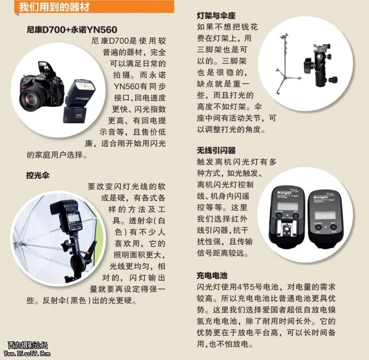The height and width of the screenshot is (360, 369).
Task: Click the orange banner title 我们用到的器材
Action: pyautogui.click(x=55, y=7)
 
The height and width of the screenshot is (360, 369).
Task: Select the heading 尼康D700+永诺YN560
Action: pyautogui.click(x=72, y=30)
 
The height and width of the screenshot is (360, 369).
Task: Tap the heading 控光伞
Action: pyautogui.click(x=38, y=175)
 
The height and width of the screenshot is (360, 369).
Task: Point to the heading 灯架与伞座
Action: pyautogui.click(x=216, y=16)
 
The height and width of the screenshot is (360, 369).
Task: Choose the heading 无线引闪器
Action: pyautogui.click(x=216, y=150)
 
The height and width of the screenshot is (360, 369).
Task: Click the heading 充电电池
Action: pyautogui.click(x=212, y=276)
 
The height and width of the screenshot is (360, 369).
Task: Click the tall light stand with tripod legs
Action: pyautogui.click(x=286, y=64)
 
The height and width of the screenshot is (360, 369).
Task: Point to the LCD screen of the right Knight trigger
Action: pyautogui.click(x=325, y=215)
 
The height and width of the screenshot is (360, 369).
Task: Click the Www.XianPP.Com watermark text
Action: pyautogui.click(x=27, y=353)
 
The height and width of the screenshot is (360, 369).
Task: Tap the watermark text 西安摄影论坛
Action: pyautogui.click(x=27, y=345)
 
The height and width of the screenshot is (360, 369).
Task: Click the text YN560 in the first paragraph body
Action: pyautogui.click(x=127, y=87)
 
